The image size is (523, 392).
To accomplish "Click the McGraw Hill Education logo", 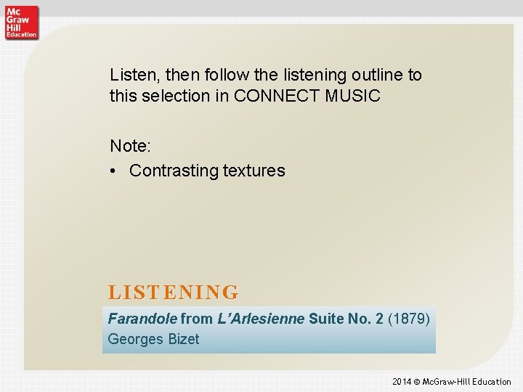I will click(x=21, y=22).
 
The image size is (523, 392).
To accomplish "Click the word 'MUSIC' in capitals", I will click(x=354, y=95).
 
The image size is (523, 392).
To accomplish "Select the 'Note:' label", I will click(x=131, y=146).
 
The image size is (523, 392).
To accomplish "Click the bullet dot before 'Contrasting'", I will click(x=115, y=171).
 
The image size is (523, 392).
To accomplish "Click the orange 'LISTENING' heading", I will click(x=174, y=293).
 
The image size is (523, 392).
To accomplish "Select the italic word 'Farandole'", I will click(x=142, y=318).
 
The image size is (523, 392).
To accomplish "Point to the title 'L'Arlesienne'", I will click(x=260, y=318).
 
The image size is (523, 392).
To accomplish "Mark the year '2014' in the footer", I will click(x=402, y=382).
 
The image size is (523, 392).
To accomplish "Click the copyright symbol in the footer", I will click(x=418, y=382).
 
